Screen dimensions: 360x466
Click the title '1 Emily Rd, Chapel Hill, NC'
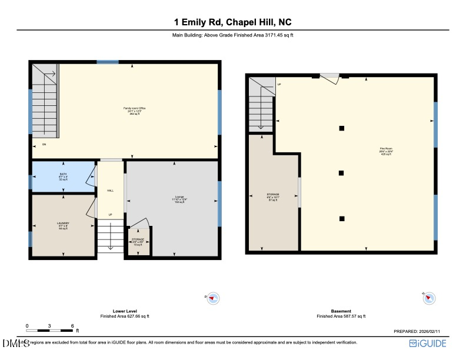point(232,22)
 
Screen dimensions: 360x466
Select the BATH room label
point(63,176)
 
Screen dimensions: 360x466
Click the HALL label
point(110,191)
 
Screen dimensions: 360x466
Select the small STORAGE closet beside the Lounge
point(139,242)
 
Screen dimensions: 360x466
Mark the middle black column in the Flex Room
point(341,173)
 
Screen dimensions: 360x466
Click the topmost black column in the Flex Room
point(341,128)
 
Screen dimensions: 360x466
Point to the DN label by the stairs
point(44,145)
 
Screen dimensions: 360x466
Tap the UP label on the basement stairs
point(279,84)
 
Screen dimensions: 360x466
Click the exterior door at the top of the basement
point(329,76)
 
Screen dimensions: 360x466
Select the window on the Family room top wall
point(108,61)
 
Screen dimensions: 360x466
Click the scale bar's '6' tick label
point(72,325)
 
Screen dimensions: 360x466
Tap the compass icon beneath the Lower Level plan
point(214,299)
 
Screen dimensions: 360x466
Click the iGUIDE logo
point(431,344)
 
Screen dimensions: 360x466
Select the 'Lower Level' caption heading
point(125,311)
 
